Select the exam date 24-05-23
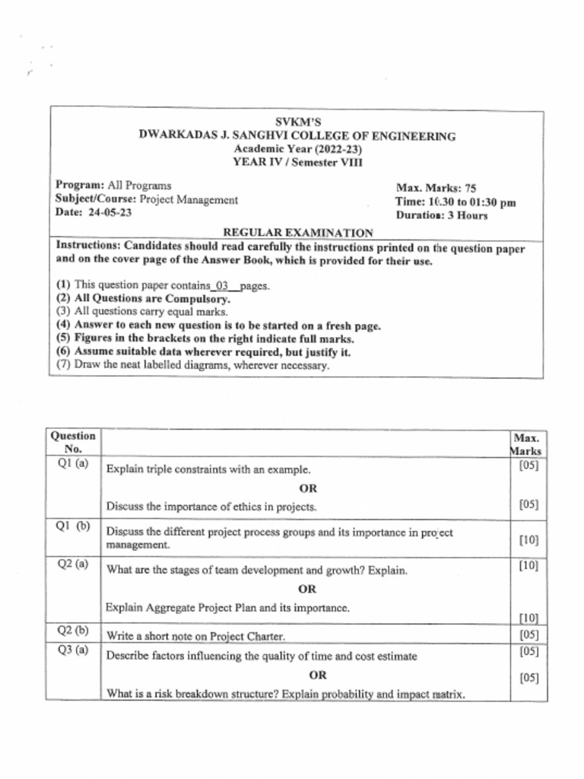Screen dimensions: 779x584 click(x=110, y=213)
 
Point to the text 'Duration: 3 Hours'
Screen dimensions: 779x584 click(x=441, y=215)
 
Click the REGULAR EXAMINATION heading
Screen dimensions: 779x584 click(x=297, y=233)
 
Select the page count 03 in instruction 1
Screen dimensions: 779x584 click(x=222, y=286)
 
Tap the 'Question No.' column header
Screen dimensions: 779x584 click(x=73, y=442)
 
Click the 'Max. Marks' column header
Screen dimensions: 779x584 click(x=526, y=444)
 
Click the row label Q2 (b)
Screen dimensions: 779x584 click(x=73, y=631)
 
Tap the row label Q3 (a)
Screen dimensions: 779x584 click(x=73, y=650)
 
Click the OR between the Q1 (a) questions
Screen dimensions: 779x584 click(x=308, y=488)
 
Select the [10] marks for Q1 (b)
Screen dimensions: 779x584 click(x=528, y=540)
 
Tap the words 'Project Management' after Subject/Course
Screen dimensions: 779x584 click(x=189, y=200)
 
